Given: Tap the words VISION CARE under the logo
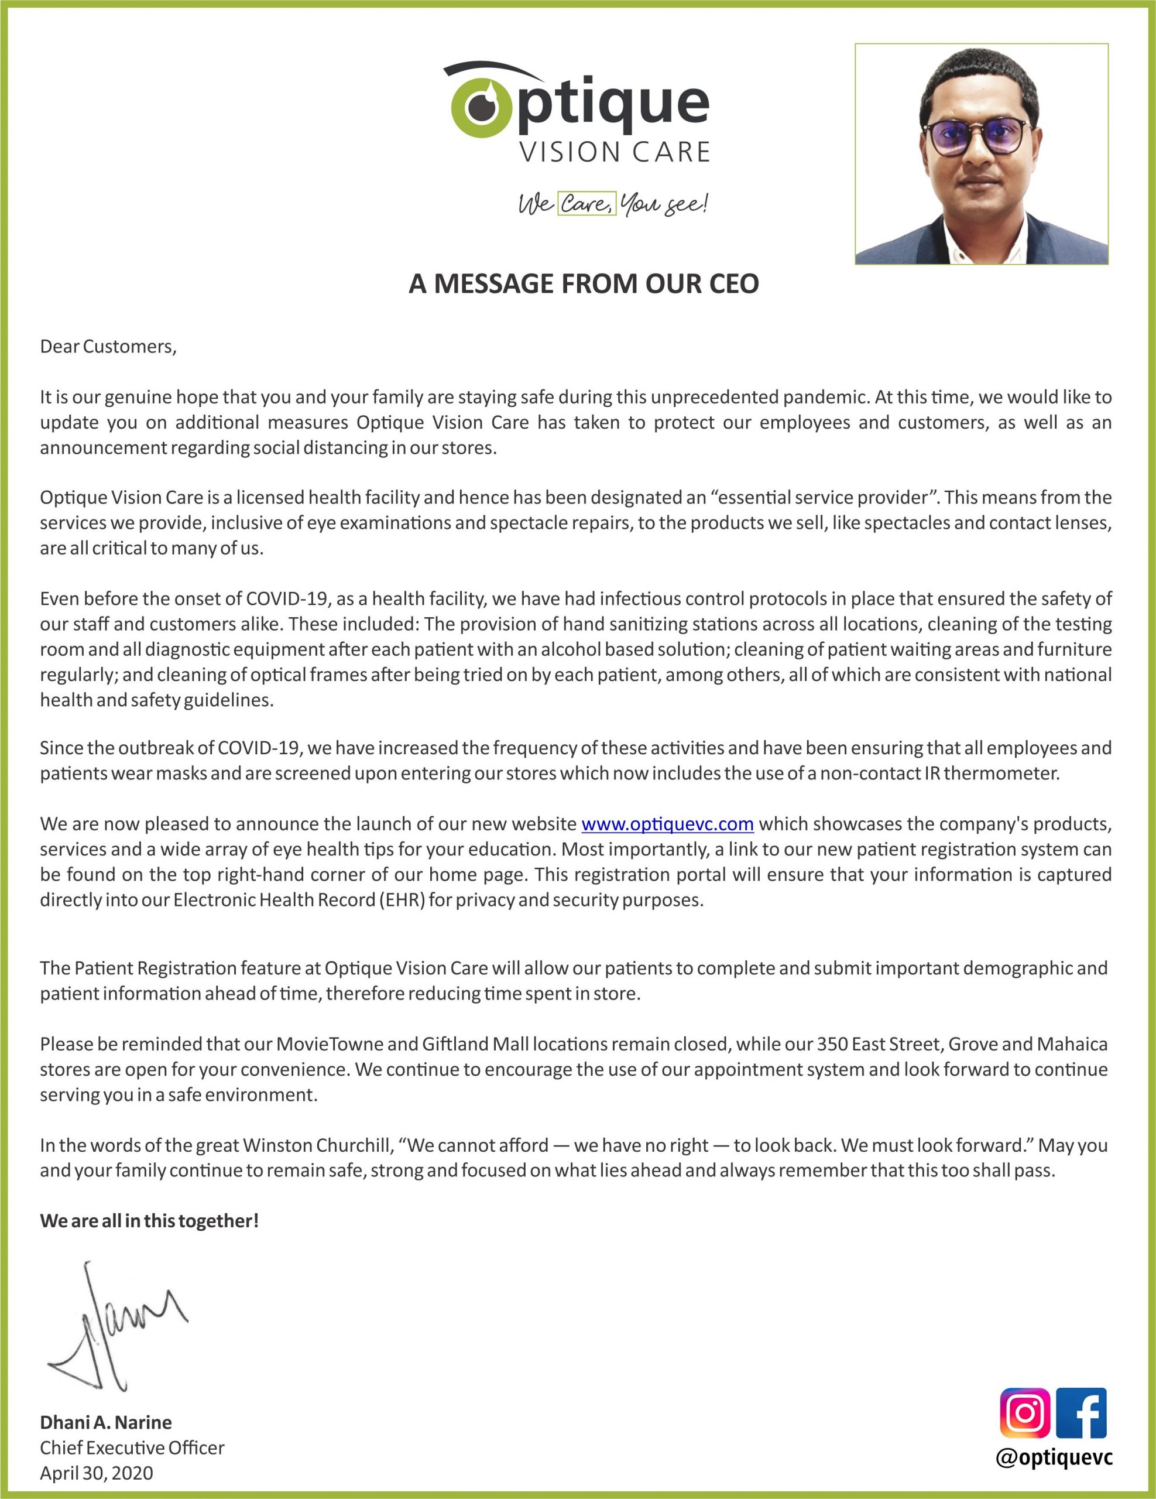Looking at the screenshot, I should click(614, 152).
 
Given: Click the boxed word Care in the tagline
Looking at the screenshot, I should click(585, 204).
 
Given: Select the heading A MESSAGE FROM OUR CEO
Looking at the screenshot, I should click(583, 283).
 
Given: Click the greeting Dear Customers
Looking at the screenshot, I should click(108, 347).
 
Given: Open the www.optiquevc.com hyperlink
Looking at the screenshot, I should click(667, 824).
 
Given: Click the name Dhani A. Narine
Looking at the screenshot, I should click(106, 1422).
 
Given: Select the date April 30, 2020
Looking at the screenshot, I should click(96, 1473).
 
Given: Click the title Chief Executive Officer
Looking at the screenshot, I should click(132, 1447).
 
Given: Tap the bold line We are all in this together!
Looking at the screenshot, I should click(149, 1221).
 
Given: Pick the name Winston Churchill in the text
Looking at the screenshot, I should click(318, 1145).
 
